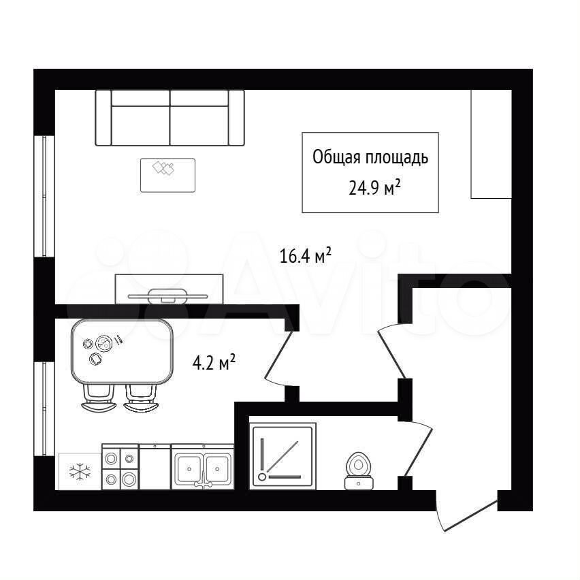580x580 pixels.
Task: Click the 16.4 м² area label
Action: coord(305,255)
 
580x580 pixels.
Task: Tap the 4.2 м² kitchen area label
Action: coord(214,362)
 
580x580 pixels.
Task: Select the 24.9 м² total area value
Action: coord(374,188)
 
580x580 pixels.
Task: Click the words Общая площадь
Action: coord(370,157)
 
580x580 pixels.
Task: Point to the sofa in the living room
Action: coord(170,118)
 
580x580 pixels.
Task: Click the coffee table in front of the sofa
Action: coord(167,176)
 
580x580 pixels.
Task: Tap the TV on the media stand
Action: coord(167,296)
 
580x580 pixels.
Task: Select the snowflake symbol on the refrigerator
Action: coord(80,471)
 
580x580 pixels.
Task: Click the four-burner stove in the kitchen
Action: coord(120,468)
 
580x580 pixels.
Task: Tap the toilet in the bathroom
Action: coord(359,470)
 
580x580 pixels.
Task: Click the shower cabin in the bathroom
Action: coord(283,457)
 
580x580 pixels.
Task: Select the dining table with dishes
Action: coord(122,351)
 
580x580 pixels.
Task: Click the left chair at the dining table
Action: coord(99,398)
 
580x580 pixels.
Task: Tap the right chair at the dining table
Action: coord(142,398)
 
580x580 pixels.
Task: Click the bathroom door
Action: coord(419,449)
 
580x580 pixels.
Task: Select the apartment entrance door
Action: coord(466,511)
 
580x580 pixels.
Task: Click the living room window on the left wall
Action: coord(44,196)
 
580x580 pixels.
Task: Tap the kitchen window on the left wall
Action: coord(44,408)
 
